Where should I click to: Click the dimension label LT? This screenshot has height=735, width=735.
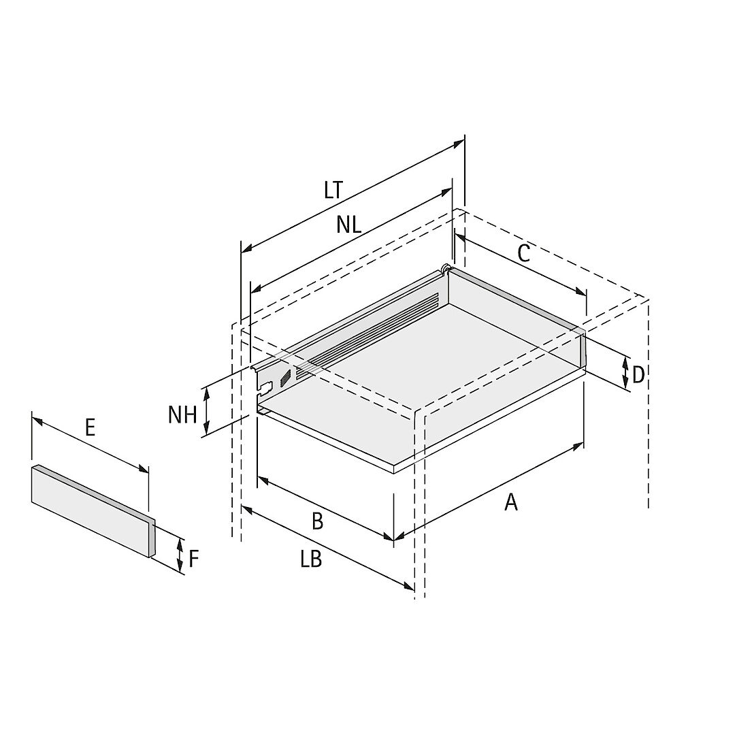[333, 191]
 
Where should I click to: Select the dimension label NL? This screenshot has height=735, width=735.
[348, 225]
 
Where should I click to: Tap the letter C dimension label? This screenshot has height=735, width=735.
[523, 254]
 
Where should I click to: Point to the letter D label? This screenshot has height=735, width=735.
[638, 375]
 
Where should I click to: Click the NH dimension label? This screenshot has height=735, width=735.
[182, 415]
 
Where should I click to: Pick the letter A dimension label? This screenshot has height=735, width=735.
[511, 502]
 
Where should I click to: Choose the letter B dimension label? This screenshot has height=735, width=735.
[317, 521]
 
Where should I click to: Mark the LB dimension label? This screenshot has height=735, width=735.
[311, 559]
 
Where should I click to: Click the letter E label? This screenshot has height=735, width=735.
[90, 427]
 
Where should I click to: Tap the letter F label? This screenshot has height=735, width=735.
[194, 558]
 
